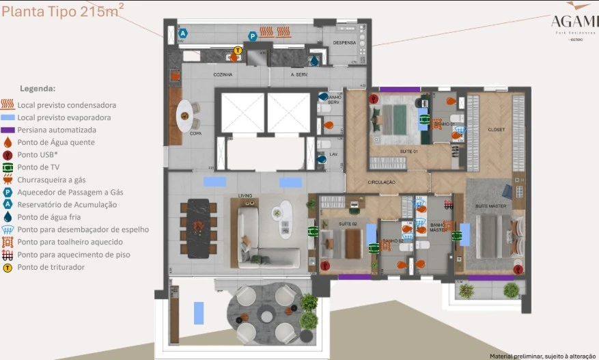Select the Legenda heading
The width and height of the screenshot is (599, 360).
tap(38, 89)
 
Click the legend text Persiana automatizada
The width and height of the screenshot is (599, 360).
tap(57, 130)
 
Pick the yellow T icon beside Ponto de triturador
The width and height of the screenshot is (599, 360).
tap(8, 267)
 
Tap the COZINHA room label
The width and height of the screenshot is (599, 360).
tap(223, 74)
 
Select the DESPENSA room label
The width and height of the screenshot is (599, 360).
tap(344, 42)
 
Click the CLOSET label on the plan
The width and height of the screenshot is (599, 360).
tap(496, 128)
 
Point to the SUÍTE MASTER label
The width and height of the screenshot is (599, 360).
tap(490, 205)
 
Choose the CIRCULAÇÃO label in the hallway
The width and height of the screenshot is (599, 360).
tap(381, 182)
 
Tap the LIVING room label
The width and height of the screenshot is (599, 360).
tap(245, 195)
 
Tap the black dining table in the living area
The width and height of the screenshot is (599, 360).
tap(198, 228)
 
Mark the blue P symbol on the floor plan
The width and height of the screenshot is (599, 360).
tap(252, 36)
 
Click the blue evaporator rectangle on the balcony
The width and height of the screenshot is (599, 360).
tap(198, 312)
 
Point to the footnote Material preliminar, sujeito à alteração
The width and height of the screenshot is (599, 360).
tap(542, 355)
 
